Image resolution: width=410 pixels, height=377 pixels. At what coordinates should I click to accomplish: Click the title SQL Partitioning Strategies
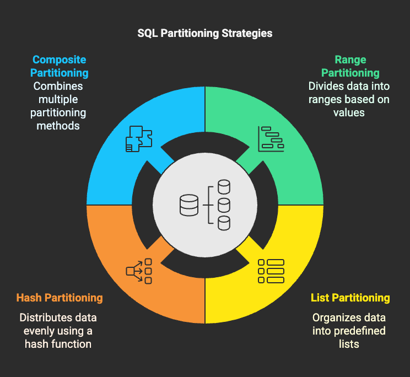[205, 34]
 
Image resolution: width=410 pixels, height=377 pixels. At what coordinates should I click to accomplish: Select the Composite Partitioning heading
[60, 66]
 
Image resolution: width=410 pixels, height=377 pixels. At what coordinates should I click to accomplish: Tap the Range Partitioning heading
[350, 66]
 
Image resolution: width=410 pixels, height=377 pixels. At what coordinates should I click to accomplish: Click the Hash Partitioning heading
[60, 298]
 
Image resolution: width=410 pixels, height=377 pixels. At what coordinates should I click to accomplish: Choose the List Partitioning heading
[350, 298]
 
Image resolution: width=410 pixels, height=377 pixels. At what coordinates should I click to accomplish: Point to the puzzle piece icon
[139, 139]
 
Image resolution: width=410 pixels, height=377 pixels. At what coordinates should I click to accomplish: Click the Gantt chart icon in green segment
[271, 139]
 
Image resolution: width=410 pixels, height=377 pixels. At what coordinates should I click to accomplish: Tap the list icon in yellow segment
[271, 271]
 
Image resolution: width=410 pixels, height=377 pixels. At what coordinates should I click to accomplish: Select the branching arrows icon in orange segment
[139, 271]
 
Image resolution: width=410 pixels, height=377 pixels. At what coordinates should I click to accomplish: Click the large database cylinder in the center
[189, 205]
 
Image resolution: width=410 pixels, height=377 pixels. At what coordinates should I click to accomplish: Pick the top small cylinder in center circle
[224, 187]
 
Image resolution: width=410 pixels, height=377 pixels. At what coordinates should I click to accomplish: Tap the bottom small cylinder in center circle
[224, 223]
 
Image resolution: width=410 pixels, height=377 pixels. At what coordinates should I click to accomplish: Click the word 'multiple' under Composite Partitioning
[58, 100]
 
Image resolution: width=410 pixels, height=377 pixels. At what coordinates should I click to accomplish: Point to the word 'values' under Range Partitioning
[349, 112]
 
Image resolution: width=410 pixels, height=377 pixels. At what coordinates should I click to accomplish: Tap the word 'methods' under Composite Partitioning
[58, 126]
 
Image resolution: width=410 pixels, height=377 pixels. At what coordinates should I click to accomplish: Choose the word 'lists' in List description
[349, 344]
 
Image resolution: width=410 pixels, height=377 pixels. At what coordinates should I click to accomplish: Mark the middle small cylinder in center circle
[224, 205]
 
